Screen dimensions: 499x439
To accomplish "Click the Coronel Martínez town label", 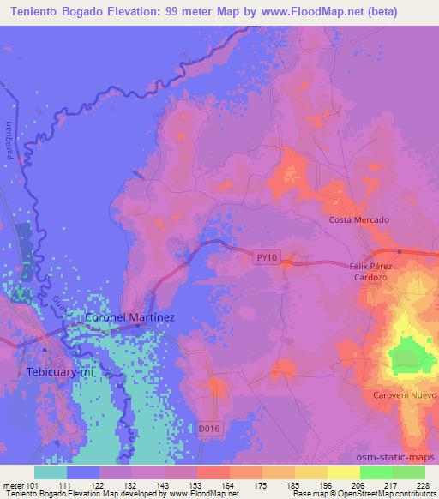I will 129,317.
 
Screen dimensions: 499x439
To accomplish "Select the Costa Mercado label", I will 359,220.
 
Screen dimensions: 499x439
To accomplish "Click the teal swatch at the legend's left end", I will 51,472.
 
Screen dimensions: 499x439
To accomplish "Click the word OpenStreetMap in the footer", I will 382,493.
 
